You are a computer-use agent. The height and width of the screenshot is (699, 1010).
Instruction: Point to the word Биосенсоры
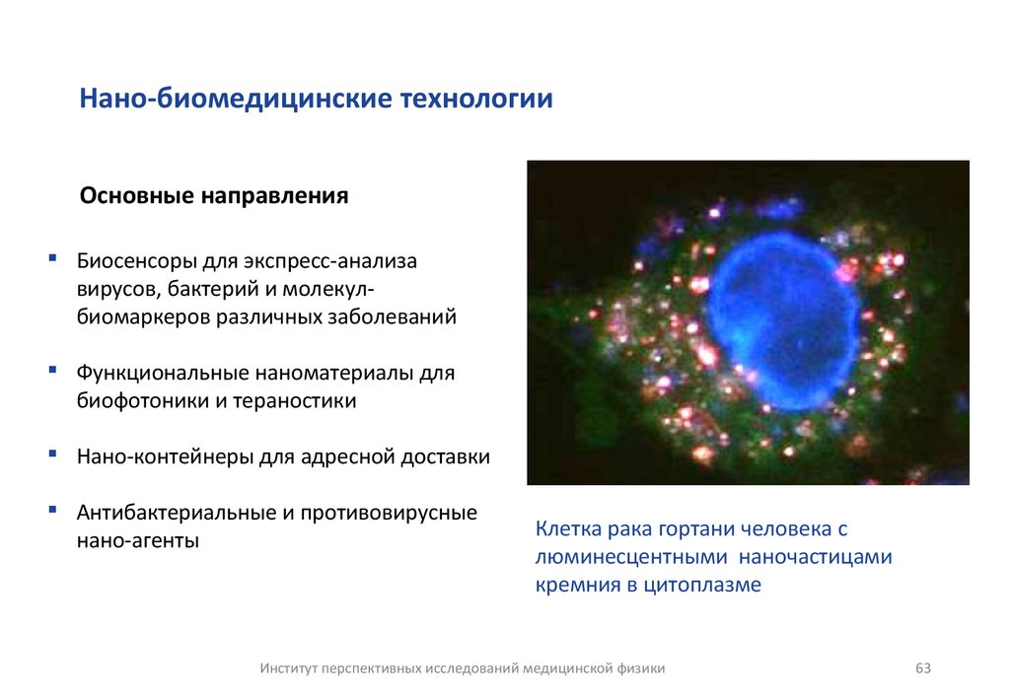[x=137, y=262]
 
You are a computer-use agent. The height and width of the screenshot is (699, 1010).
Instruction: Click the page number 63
[x=923, y=668]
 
